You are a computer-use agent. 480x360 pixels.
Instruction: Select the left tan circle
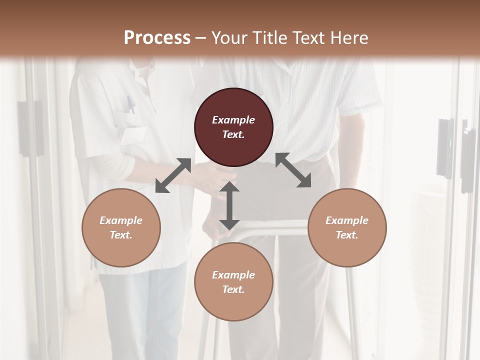coord(121,227)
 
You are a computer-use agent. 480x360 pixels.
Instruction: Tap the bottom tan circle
coord(233,282)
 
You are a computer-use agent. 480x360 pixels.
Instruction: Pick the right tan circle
coord(347,227)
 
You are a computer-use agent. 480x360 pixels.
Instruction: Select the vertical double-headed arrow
coord(229,205)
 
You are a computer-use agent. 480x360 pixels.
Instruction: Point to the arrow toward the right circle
coord(293,170)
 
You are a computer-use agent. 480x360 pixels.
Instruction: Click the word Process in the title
coord(157,38)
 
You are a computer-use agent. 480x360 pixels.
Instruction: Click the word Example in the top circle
coord(233,120)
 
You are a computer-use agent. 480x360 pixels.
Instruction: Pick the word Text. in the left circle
coord(121,235)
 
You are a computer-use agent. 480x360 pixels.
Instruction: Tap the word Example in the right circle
coord(347,220)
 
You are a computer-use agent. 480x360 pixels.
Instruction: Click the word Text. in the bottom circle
coord(233,289)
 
